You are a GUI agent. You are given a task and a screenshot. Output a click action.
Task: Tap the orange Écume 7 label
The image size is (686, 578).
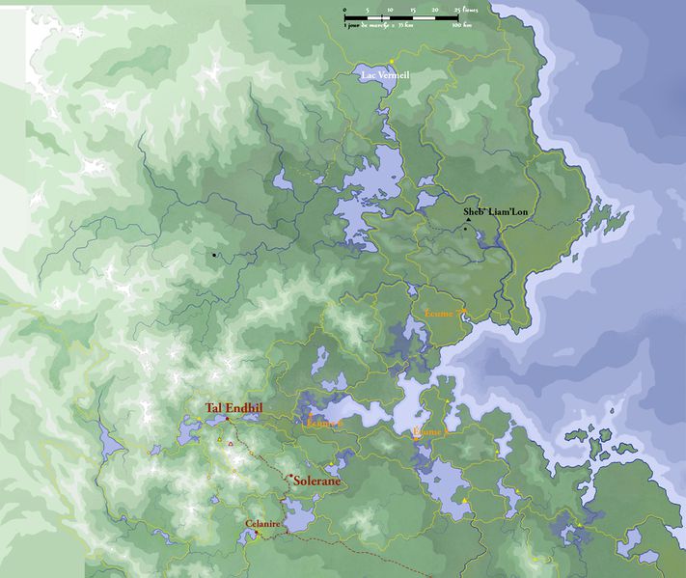[x=445, y=311]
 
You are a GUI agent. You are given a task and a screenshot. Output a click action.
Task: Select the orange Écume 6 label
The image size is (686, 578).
[x=323, y=423]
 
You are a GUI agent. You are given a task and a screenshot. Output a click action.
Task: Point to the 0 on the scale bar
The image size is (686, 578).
[x=344, y=9]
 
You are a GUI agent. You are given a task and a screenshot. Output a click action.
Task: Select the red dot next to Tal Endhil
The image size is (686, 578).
[x=226, y=418]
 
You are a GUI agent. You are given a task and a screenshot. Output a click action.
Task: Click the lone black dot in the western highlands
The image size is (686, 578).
[x=213, y=256]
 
